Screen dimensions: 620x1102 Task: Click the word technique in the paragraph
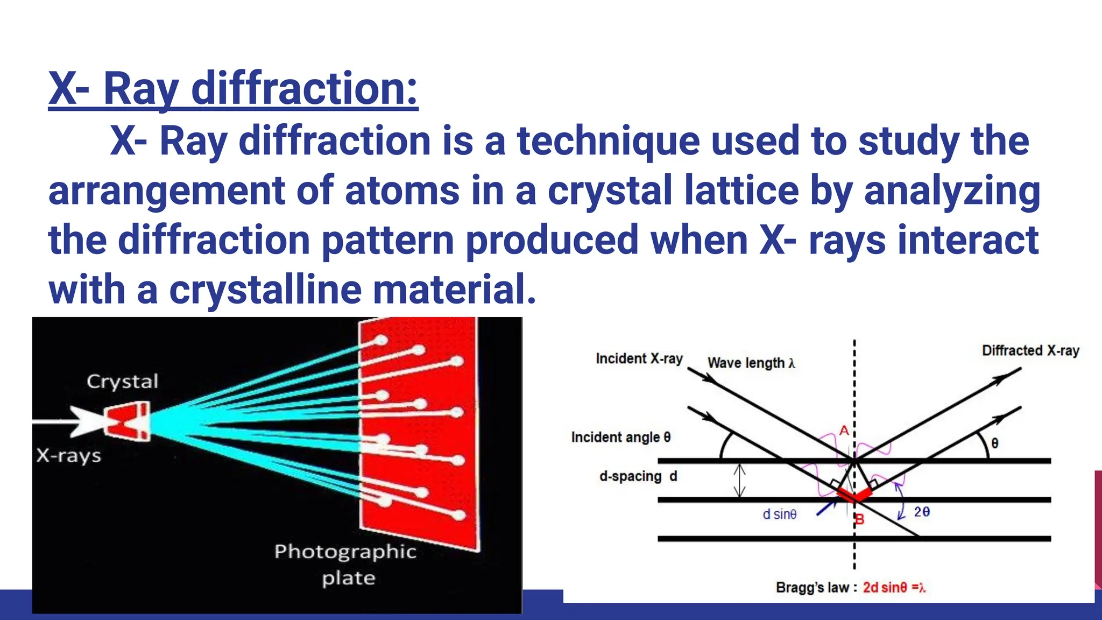[608, 141]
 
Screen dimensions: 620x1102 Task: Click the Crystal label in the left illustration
[123, 382]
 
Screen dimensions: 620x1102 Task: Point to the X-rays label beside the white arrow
[69, 456]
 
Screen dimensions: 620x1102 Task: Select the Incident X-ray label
[639, 358]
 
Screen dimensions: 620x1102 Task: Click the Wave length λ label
[751, 363]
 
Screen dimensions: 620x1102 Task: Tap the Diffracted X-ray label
[1030, 351]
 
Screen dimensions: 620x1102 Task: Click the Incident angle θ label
[621, 437]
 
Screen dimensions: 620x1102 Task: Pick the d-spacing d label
[638, 476]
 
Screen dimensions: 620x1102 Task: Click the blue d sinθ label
[779, 515]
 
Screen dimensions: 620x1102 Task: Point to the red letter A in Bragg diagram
[844, 431]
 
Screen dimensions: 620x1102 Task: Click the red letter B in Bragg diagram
[860, 519]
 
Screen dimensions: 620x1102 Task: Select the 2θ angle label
[922, 511]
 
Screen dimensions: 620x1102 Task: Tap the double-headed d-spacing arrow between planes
[740, 481]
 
